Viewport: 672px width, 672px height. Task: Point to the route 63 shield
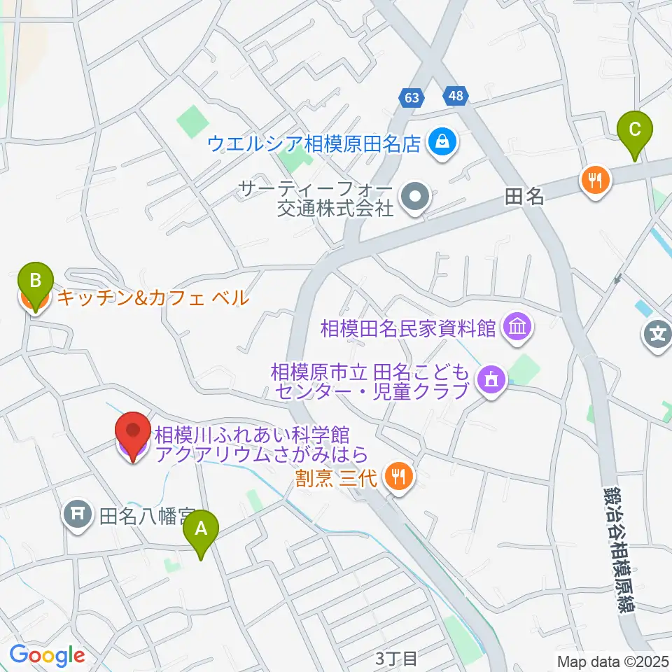pyautogui.click(x=412, y=98)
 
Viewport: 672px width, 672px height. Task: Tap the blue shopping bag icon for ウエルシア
pyautogui.click(x=443, y=143)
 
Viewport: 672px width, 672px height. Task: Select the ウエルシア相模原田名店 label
pyautogui.click(x=313, y=144)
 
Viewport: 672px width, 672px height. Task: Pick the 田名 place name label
pyautogui.click(x=524, y=198)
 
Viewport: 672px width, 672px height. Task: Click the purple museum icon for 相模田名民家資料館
pyautogui.click(x=517, y=327)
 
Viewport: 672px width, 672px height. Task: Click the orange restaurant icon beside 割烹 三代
pyautogui.click(x=400, y=478)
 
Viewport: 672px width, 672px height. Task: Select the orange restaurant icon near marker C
pyautogui.click(x=596, y=181)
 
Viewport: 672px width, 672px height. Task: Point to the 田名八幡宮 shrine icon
pyautogui.click(x=78, y=516)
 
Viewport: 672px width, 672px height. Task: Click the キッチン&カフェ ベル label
pyautogui.click(x=152, y=298)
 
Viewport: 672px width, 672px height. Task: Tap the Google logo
pyautogui.click(x=47, y=655)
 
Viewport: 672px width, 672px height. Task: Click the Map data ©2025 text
pyautogui.click(x=613, y=660)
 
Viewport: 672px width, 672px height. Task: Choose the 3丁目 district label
pyautogui.click(x=397, y=658)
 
